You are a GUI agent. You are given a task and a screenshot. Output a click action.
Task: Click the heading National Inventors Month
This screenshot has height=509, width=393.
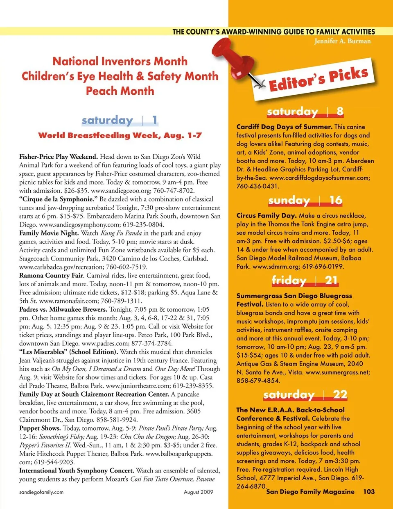click(x=120, y=62)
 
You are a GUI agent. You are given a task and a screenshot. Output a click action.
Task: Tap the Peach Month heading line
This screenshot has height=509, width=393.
click(x=120, y=91)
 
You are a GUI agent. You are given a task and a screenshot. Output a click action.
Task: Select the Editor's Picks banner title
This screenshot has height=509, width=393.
click(x=318, y=79)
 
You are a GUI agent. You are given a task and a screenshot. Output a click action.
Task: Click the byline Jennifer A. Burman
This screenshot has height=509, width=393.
click(x=342, y=41)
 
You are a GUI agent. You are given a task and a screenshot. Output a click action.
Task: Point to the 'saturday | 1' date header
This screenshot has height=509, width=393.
click(x=120, y=120)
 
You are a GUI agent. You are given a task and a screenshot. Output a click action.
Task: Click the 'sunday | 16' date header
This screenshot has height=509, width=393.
click(x=305, y=200)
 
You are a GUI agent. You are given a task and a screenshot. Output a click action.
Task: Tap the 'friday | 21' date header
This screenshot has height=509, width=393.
click(x=305, y=281)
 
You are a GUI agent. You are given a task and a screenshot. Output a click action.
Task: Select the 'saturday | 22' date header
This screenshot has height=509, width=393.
click(x=305, y=395)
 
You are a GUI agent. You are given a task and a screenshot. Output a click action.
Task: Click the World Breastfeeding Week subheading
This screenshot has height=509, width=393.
click(x=120, y=135)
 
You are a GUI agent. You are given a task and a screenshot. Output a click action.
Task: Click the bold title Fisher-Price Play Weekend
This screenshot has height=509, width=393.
click(x=59, y=157)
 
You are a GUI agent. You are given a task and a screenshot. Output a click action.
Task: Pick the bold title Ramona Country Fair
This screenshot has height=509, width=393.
click(x=51, y=276)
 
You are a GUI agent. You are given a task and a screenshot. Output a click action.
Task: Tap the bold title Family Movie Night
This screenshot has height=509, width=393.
click(x=49, y=233)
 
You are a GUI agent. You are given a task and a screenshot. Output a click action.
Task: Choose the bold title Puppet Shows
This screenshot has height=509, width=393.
click(x=40, y=428)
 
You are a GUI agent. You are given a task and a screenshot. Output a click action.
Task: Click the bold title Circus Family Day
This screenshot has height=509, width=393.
click(x=267, y=216)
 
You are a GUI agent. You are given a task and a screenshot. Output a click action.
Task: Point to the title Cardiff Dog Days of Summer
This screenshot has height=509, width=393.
click(x=284, y=127)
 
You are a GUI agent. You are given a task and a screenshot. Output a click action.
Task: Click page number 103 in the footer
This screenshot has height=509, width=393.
click(x=368, y=491)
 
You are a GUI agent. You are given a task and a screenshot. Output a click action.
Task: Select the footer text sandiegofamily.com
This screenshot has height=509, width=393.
click(x=41, y=492)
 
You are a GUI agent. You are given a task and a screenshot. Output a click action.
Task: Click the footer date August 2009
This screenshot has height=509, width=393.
click(x=199, y=492)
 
